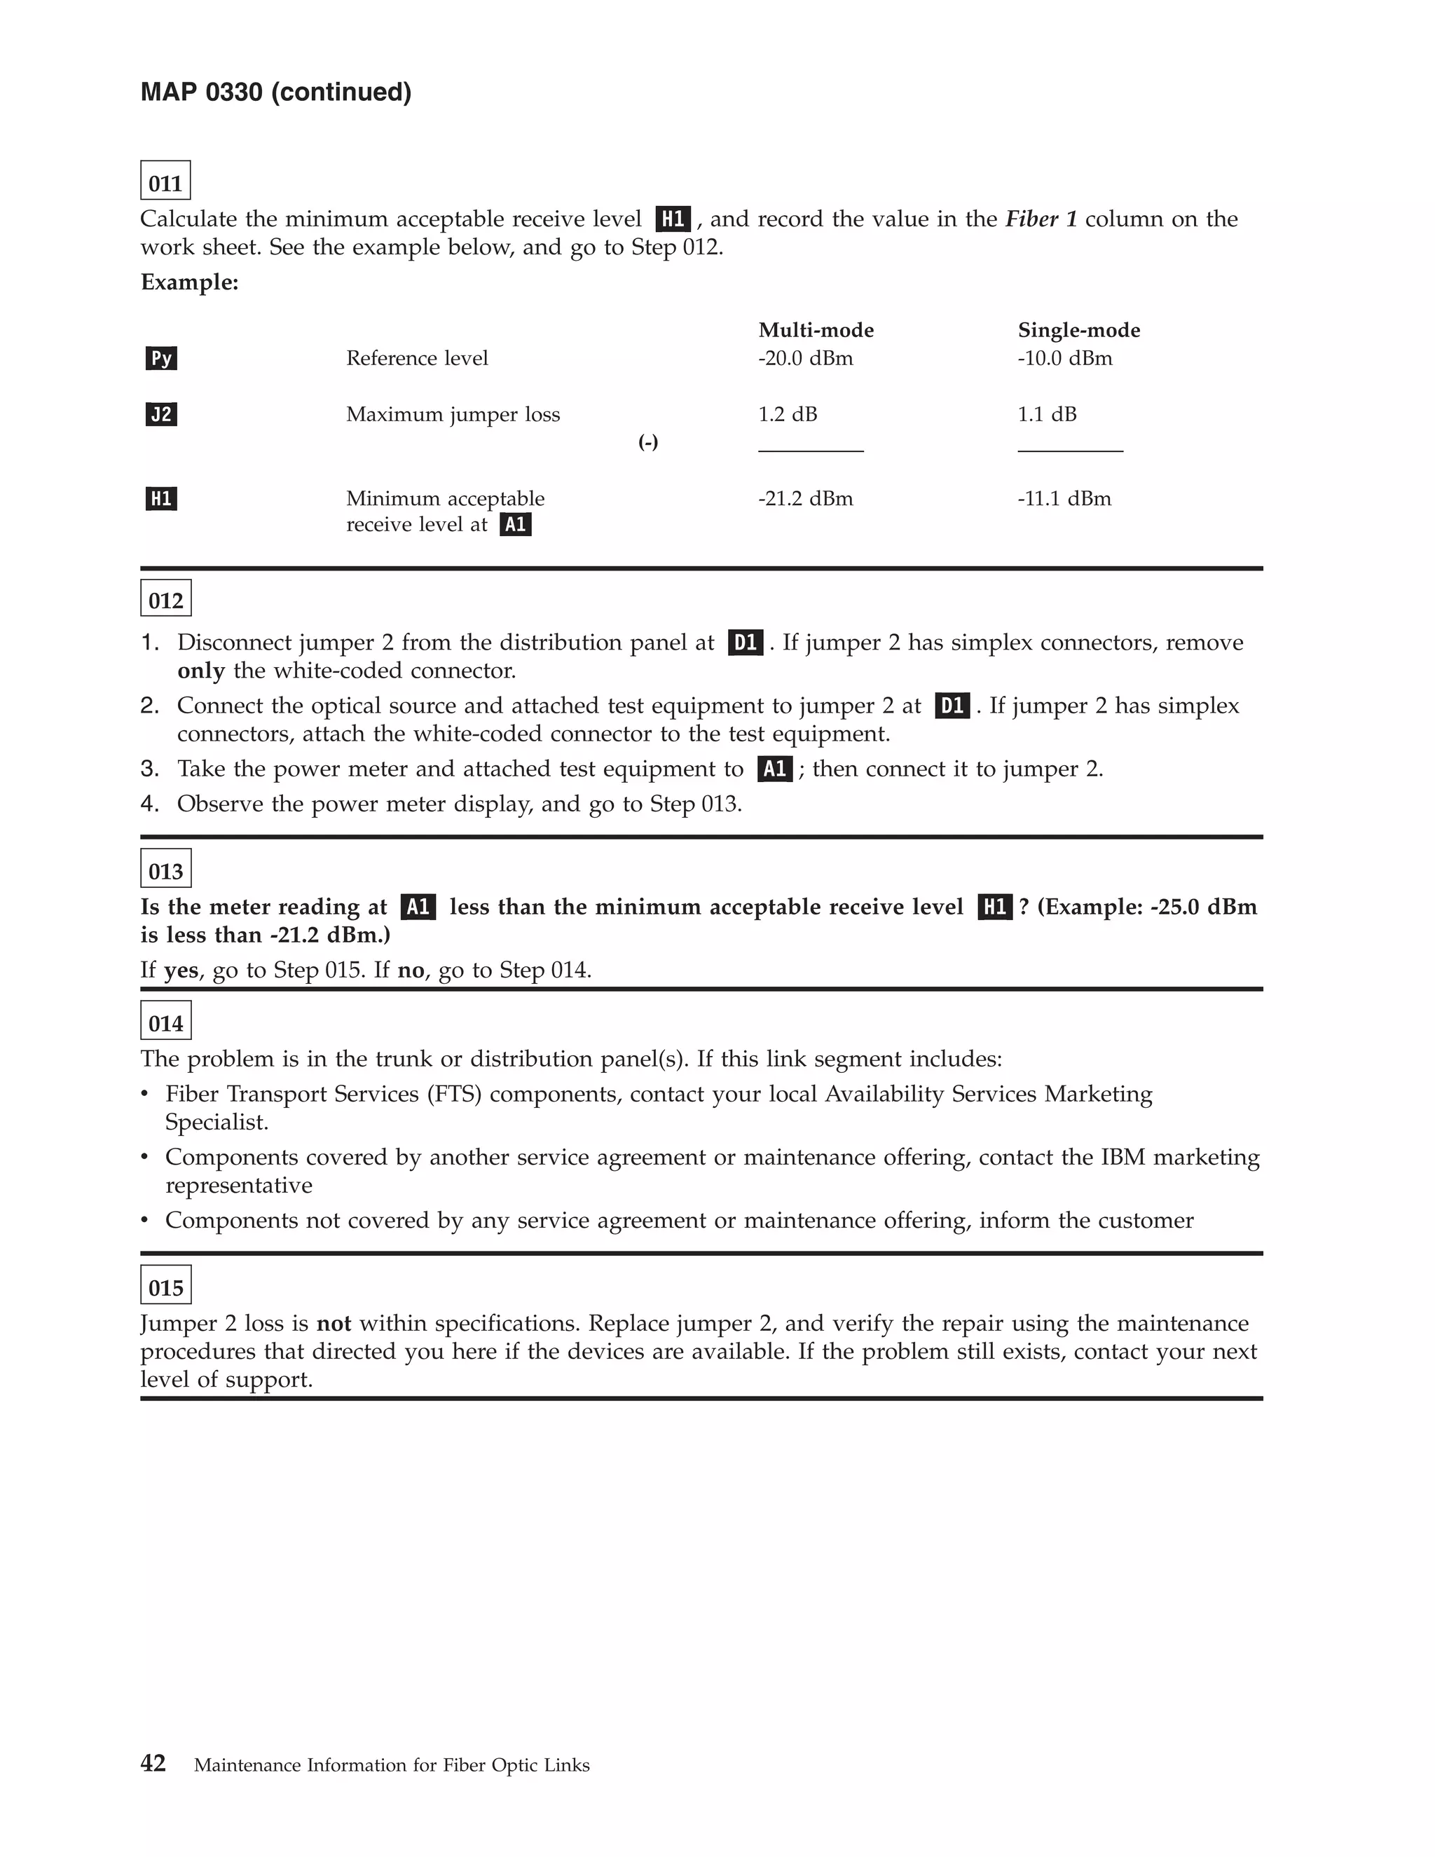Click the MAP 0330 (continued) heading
point(275,92)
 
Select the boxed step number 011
point(166,181)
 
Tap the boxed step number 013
point(166,869)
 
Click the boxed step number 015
point(166,1286)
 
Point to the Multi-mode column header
point(816,330)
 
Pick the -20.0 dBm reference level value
point(805,358)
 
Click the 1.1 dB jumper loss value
point(1047,414)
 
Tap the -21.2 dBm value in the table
point(805,498)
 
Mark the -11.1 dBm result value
point(1064,498)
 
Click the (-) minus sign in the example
point(648,441)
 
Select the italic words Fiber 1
point(1041,219)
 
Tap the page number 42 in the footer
point(153,1762)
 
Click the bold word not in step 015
point(334,1323)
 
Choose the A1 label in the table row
point(515,525)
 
